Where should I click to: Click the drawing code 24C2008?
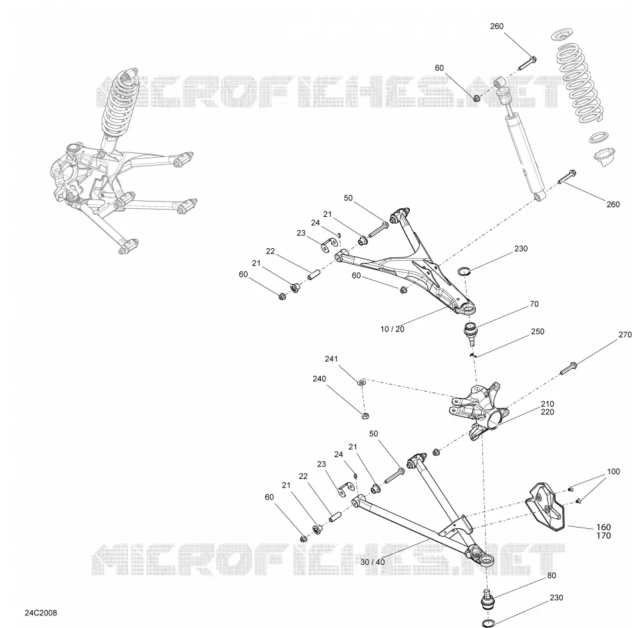tap(41, 613)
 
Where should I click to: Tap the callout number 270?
tap(625, 335)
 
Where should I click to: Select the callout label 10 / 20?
tap(393, 329)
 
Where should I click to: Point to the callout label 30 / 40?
tap(373, 562)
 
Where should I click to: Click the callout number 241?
tap(331, 359)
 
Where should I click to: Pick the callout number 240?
tap(319, 379)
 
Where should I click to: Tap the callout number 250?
tap(538, 331)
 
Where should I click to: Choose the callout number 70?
tap(534, 304)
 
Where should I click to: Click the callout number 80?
tap(552, 575)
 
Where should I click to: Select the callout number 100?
tap(613, 472)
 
